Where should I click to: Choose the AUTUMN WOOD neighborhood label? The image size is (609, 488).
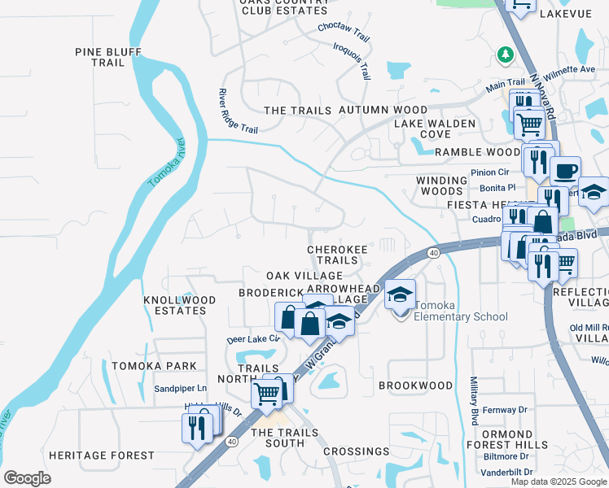pyautogui.click(x=383, y=110)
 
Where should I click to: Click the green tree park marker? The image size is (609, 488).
pyautogui.click(x=505, y=54)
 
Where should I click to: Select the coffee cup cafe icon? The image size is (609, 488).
pyautogui.click(x=565, y=172)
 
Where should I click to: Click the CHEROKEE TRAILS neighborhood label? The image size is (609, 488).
pyautogui.click(x=332, y=255)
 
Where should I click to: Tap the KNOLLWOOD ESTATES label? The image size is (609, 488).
pyautogui.click(x=180, y=305)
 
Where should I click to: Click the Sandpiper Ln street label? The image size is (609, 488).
pyautogui.click(x=182, y=389)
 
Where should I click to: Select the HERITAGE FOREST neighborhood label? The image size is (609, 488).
pyautogui.click(x=101, y=455)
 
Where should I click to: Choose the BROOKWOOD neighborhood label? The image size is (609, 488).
pyautogui.click(x=416, y=385)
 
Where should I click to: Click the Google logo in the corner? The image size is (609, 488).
pyautogui.click(x=27, y=478)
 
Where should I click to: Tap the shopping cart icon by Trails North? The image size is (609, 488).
pyautogui.click(x=267, y=394)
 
